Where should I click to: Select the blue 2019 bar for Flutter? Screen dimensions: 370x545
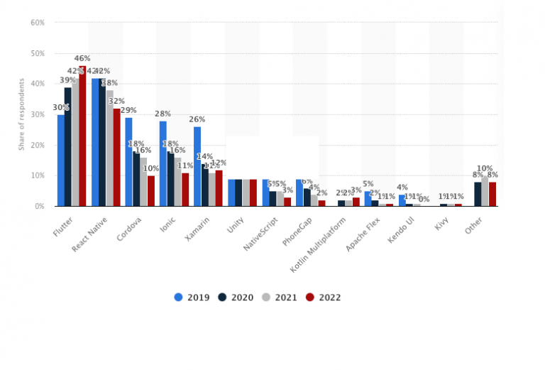[61, 160]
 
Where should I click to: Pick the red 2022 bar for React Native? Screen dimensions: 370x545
[116, 157]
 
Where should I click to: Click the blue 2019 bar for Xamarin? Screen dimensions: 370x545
[197, 166]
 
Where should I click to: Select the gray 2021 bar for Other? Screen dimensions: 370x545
[485, 191]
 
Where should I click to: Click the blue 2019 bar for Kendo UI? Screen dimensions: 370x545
[402, 200]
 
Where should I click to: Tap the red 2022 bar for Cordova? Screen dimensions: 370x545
[150, 190]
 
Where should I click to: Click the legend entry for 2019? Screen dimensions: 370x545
[192, 298]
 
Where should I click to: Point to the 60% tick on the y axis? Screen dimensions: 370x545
[38, 23]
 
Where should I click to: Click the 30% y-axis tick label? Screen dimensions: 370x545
[38, 114]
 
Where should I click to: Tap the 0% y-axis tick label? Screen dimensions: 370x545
[40, 206]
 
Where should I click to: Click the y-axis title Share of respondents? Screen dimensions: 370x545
[21, 114]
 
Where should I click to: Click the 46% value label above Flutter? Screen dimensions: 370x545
[82, 58]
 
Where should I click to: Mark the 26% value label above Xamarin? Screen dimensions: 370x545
[197, 119]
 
